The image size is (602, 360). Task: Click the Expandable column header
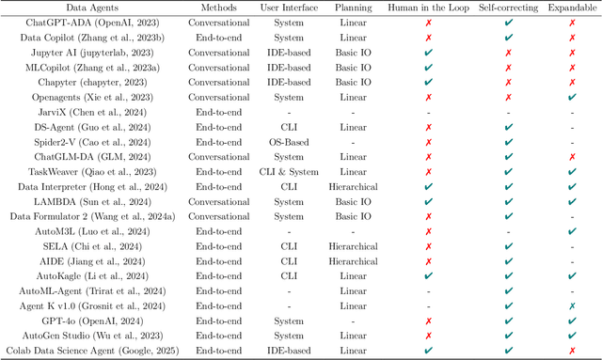pyautogui.click(x=573, y=8)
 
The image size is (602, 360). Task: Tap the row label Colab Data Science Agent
pyautogui.click(x=89, y=350)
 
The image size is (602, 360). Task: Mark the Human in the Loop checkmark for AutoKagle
pyautogui.click(x=428, y=275)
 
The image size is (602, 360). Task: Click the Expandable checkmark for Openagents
pyautogui.click(x=573, y=98)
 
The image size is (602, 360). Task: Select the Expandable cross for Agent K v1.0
pyautogui.click(x=573, y=305)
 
